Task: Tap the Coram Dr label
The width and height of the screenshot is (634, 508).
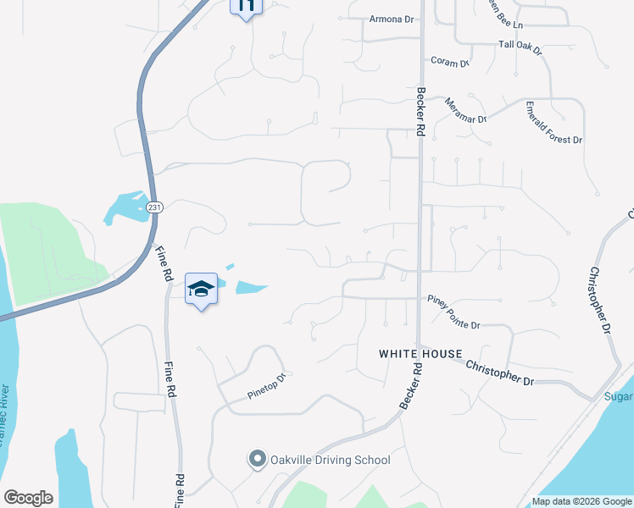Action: tap(449, 63)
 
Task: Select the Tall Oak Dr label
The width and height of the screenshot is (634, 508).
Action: tap(520, 43)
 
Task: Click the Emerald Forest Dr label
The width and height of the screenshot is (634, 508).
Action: tap(553, 127)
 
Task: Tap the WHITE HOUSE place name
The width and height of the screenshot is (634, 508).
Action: tap(420, 354)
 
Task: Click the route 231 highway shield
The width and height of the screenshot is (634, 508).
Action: tap(153, 207)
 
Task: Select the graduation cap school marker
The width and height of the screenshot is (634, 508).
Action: tap(201, 289)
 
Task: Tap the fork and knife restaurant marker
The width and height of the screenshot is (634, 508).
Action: tap(246, 7)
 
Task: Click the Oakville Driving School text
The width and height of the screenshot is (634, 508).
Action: tap(330, 461)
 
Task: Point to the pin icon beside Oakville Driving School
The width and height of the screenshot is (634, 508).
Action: tap(257, 460)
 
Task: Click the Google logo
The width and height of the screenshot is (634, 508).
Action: tap(28, 498)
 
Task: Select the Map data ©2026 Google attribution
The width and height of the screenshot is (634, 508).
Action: tap(581, 501)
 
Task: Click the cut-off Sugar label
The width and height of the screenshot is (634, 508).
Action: tap(618, 396)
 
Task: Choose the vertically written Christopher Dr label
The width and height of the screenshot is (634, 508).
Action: tap(600, 301)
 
